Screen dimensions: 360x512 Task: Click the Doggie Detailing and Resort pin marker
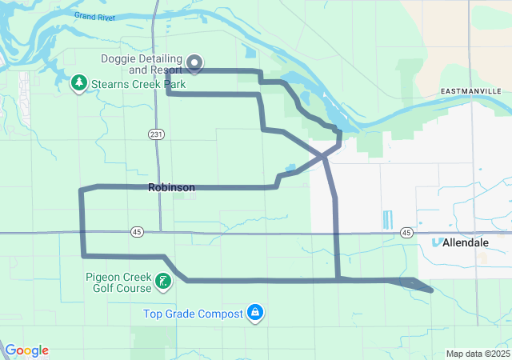[x=194, y=62]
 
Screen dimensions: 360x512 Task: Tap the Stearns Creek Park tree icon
[x=79, y=83]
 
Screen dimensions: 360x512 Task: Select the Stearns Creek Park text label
[x=138, y=84]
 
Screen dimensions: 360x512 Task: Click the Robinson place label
[x=171, y=188]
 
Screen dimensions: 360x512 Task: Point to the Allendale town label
[x=466, y=242]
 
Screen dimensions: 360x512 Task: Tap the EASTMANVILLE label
[x=471, y=93]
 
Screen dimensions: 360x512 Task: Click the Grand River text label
[x=94, y=16]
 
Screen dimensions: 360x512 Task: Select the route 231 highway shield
[x=155, y=134]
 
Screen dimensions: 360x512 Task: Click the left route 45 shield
[x=137, y=232]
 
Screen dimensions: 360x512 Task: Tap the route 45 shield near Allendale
[x=407, y=233]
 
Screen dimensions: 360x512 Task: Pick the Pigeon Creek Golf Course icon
[x=163, y=281]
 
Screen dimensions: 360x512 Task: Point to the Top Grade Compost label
[x=193, y=314]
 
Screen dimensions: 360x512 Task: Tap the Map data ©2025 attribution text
[x=477, y=354]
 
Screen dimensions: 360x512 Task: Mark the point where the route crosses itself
[x=325, y=154]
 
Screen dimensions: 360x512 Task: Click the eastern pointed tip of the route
[x=432, y=290]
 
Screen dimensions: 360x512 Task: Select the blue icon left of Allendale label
[x=437, y=241]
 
